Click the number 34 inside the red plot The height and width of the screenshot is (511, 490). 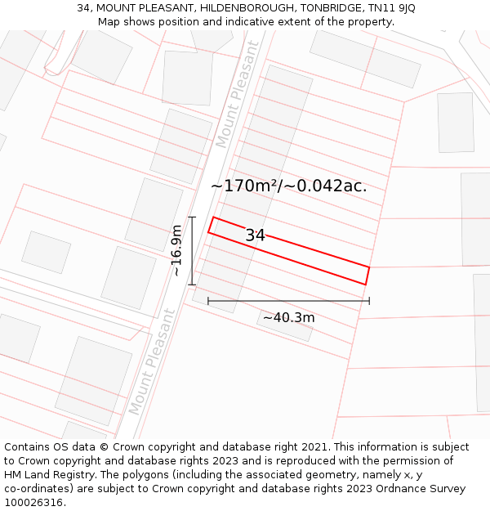tap(255, 235)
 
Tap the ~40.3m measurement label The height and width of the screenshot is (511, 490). tap(288, 317)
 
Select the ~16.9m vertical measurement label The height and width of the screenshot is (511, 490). tap(176, 251)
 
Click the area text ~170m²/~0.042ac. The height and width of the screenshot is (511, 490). tap(288, 186)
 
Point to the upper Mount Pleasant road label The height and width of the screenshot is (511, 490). tap(237, 95)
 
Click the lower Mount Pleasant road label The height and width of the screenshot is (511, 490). tap(152, 361)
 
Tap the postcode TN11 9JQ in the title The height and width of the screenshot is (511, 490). tap(393, 8)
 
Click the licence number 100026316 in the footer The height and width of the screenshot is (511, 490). tap(35, 503)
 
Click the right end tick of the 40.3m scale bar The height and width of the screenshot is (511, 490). tap(369, 301)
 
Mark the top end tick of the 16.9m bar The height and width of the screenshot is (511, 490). tap(192, 217)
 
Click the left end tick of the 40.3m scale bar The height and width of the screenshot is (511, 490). tap(208, 301)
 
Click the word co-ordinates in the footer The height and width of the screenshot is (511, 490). tap(40, 489)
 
